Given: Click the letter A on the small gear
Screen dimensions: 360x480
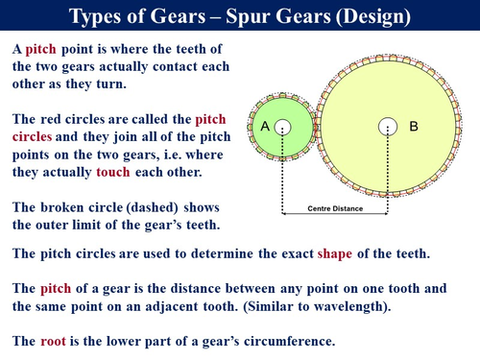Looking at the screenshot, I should (x=264, y=126).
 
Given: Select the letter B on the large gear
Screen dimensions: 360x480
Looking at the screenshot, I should (x=414, y=126).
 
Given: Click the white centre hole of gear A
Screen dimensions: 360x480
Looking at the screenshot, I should (x=282, y=126).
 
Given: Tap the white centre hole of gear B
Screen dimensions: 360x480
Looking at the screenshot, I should (x=387, y=126).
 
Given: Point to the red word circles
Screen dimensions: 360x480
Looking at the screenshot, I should (x=36, y=137).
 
